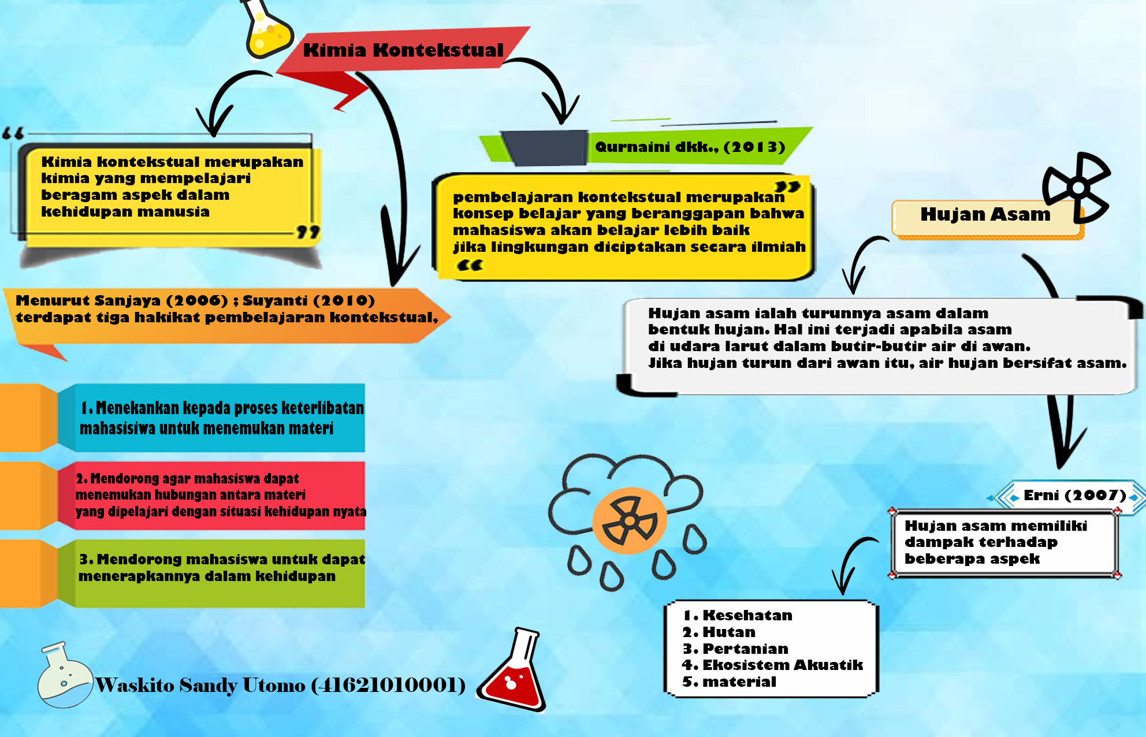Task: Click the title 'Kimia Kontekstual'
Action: click(403, 50)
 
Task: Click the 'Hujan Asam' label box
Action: click(985, 215)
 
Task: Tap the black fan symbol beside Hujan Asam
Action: click(1076, 187)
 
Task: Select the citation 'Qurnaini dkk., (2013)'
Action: click(690, 147)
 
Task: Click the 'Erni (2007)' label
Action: click(1074, 496)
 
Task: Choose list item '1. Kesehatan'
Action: click(738, 616)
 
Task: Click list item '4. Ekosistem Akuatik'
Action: click(772, 665)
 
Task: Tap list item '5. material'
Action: click(729, 682)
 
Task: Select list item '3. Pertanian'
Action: click(735, 649)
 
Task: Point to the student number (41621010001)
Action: click(388, 685)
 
